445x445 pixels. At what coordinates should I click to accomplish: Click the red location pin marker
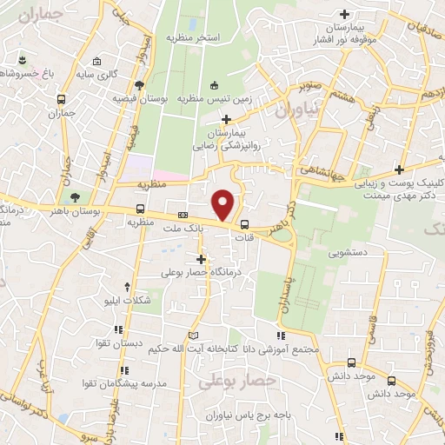[223, 205]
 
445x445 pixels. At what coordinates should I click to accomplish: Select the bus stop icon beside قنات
[243, 222]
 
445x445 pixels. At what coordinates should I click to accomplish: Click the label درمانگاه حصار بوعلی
[207, 272]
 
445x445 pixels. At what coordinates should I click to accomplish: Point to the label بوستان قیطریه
[139, 98]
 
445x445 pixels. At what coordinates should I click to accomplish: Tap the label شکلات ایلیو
[128, 300]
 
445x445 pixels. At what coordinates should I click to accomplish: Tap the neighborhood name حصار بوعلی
[237, 380]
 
